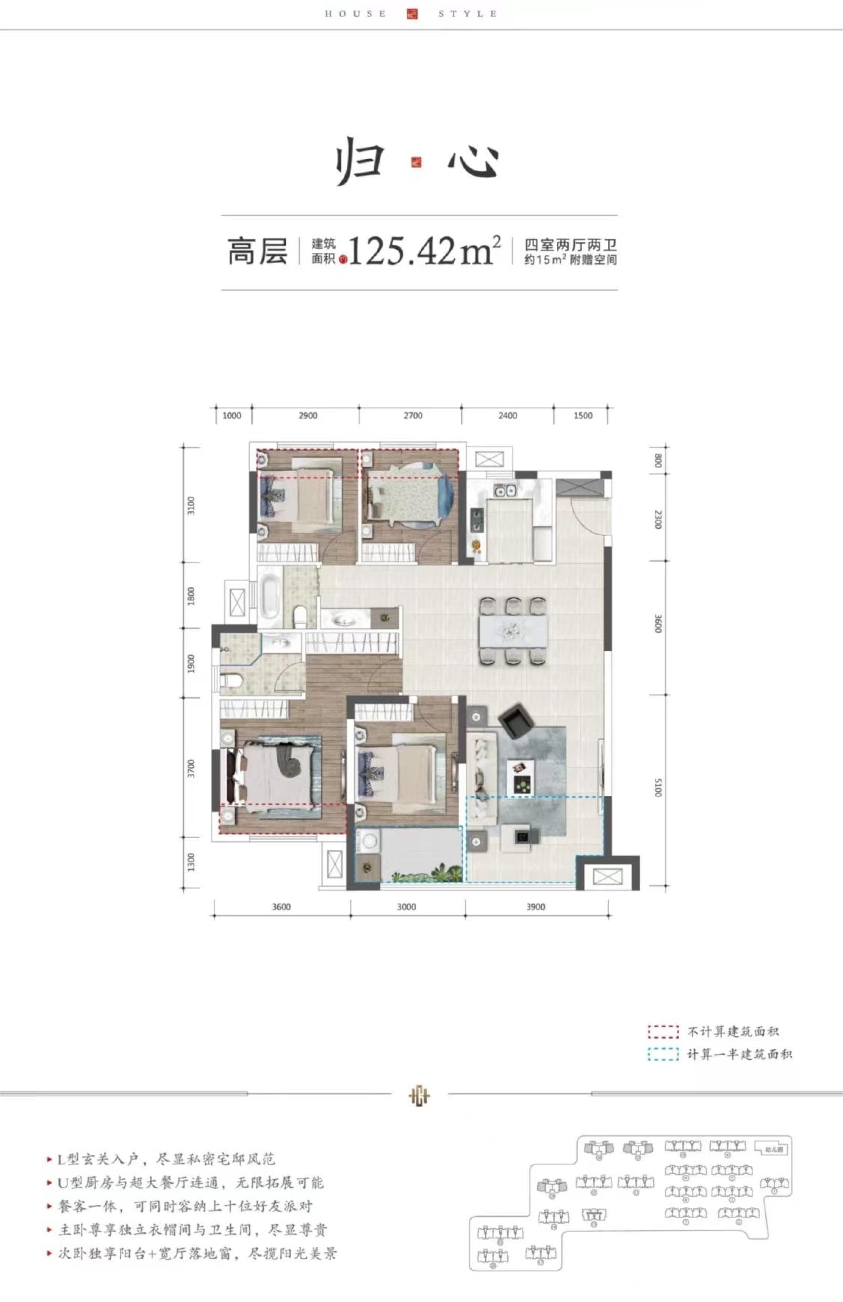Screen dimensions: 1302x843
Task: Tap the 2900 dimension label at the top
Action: [308, 415]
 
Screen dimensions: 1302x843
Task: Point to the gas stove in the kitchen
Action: [477, 520]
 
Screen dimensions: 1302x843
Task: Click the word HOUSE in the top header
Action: [355, 14]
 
